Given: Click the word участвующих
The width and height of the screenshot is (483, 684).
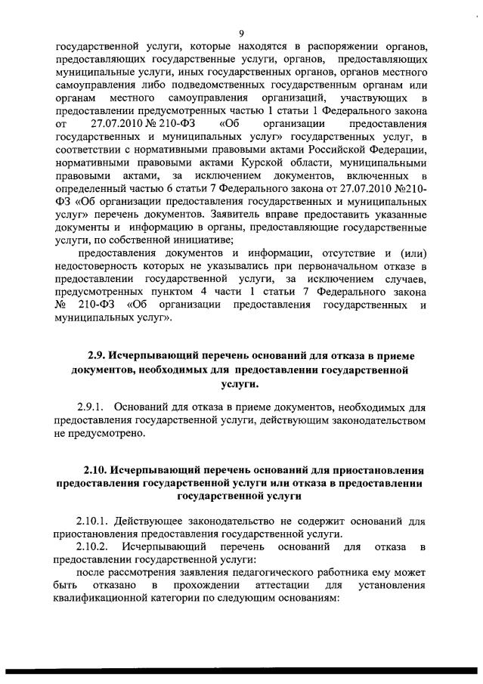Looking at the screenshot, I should coord(371,100).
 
